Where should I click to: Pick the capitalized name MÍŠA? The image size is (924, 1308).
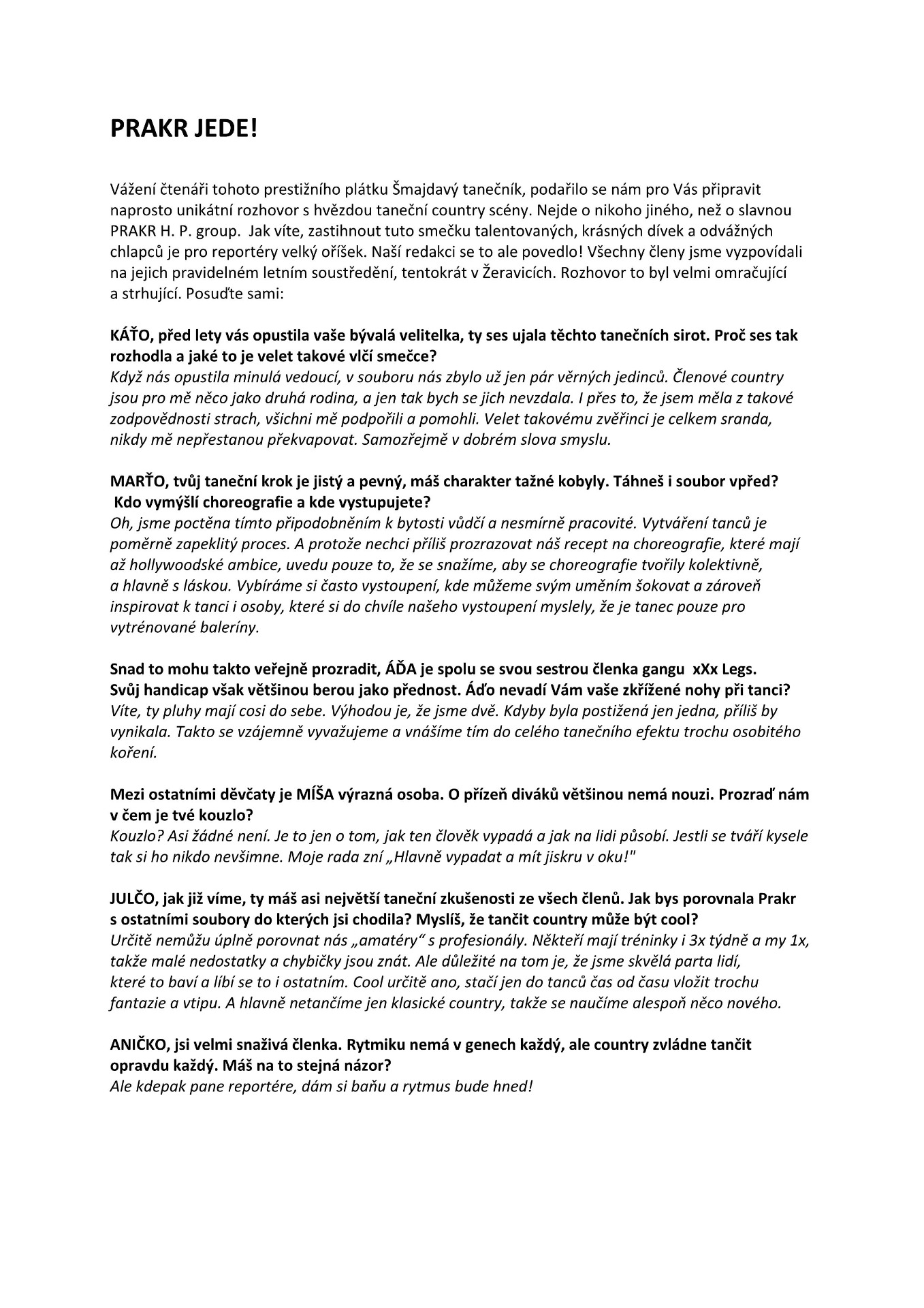(316, 794)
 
